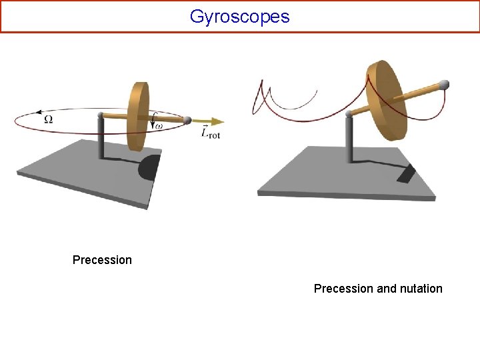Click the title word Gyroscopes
tap(239, 16)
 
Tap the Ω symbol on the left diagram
tap(48, 119)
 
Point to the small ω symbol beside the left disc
tap(157, 125)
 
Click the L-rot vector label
tap(210, 133)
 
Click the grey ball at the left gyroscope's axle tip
tap(188, 120)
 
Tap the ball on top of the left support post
tap(101, 115)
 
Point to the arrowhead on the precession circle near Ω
tap(40, 111)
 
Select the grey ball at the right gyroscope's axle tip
tap(443, 85)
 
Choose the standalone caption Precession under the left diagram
tap(102, 259)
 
